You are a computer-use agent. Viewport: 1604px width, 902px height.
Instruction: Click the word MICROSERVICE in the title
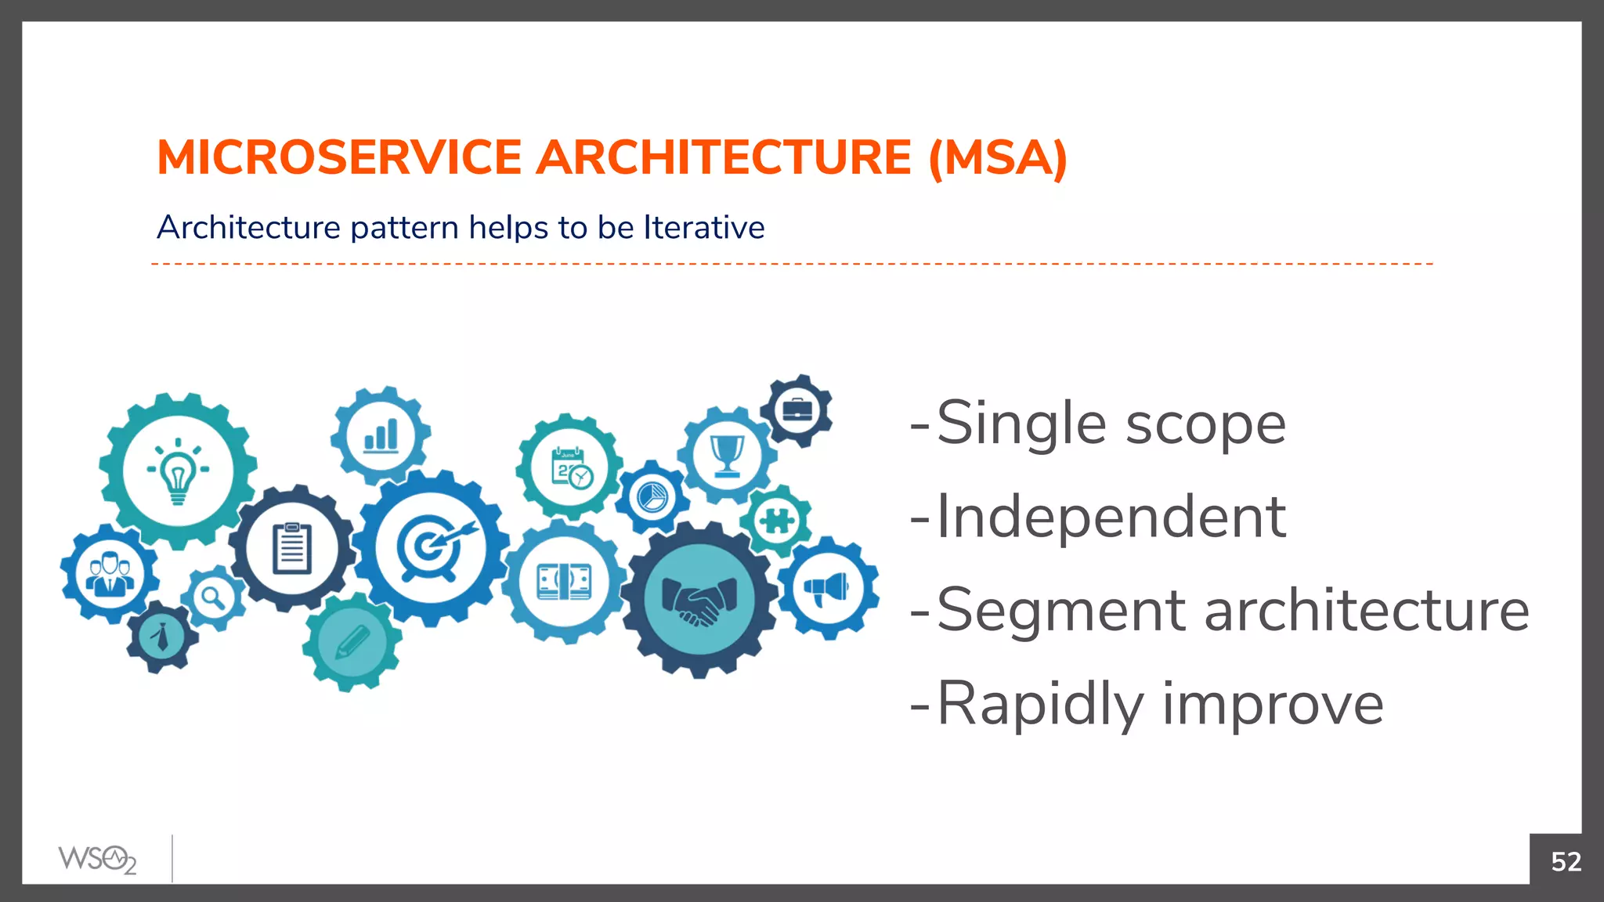click(339, 157)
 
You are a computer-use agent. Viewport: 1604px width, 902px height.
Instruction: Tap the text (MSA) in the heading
click(997, 157)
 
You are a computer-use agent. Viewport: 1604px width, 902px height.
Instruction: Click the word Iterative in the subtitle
click(703, 228)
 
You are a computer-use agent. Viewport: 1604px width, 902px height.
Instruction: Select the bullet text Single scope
click(1110, 424)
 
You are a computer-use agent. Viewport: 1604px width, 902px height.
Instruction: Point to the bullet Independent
click(1110, 517)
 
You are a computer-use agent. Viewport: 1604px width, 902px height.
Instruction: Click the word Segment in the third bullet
click(1061, 611)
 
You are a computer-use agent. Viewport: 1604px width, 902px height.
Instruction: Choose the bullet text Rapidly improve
click(1159, 704)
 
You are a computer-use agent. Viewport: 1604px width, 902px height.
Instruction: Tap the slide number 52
click(1566, 861)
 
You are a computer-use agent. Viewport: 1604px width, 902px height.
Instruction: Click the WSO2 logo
click(97, 859)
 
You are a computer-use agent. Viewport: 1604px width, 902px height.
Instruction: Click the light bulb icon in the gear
click(178, 472)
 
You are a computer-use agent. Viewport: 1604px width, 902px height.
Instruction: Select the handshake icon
click(699, 601)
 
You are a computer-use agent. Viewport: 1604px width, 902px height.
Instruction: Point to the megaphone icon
click(828, 588)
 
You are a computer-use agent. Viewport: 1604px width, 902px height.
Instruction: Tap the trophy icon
click(727, 455)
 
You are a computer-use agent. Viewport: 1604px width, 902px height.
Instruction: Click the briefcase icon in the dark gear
click(797, 410)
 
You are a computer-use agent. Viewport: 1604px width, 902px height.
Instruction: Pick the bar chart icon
click(381, 435)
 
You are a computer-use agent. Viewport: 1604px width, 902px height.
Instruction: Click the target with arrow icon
click(432, 546)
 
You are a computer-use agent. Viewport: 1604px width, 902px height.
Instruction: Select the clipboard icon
click(292, 548)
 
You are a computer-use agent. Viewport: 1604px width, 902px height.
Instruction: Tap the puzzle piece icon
click(776, 520)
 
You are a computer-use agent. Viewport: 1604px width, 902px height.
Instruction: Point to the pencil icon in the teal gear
click(352, 642)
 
